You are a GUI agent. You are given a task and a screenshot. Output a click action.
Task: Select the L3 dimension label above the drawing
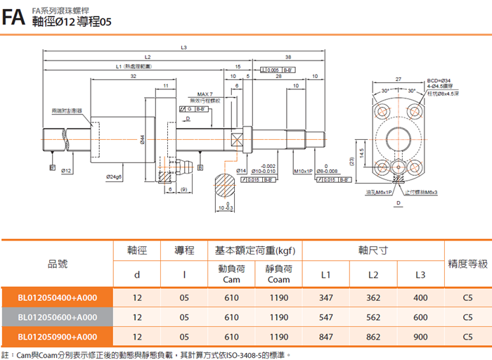183,48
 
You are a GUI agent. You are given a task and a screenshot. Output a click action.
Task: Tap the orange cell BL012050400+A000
58,297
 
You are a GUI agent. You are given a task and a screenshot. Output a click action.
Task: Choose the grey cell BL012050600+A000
58,317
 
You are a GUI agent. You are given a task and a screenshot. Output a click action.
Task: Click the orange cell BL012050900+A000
58,337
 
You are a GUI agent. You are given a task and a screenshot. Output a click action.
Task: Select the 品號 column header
58,264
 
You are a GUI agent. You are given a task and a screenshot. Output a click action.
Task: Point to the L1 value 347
325,297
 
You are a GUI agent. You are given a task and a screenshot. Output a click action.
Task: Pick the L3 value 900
420,337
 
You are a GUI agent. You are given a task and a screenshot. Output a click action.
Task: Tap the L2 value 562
373,317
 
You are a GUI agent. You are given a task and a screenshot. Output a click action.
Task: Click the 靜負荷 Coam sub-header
279,274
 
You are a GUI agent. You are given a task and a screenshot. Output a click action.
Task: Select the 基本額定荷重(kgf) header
255,250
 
